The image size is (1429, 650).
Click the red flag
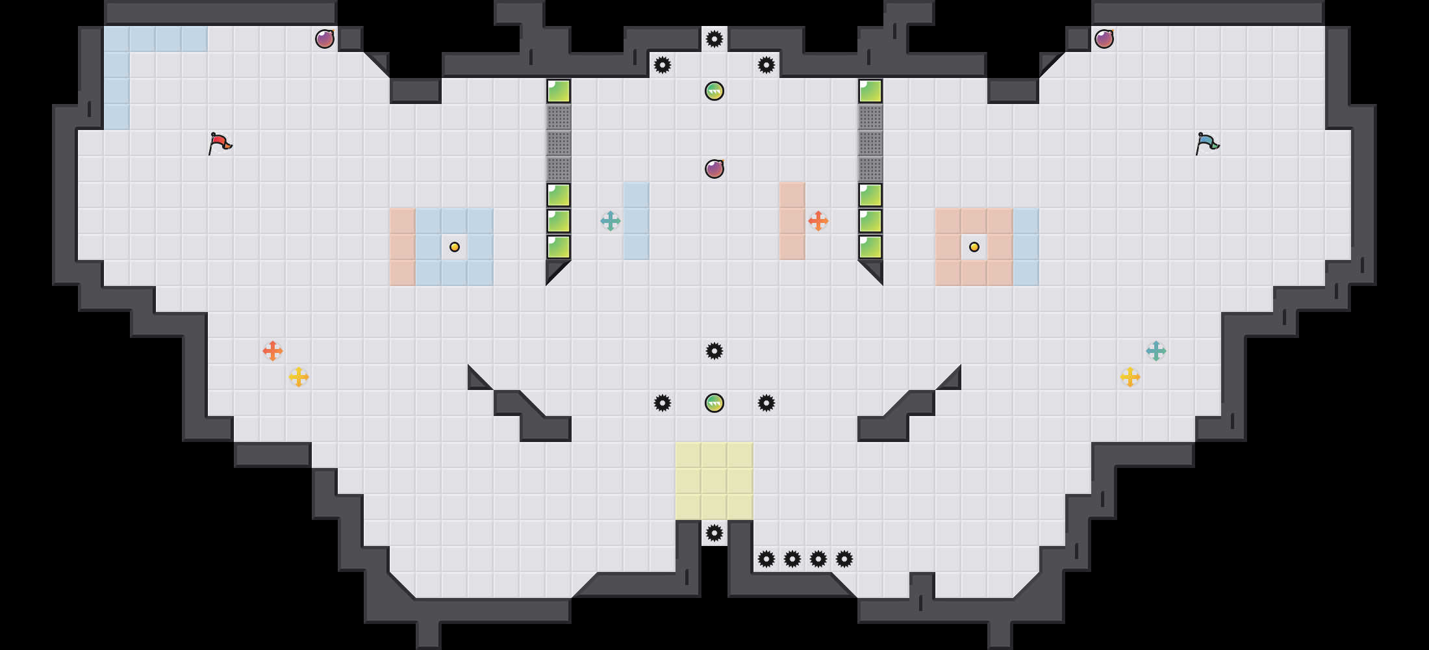220,142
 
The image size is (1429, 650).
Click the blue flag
1207,142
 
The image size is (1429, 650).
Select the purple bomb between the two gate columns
714,169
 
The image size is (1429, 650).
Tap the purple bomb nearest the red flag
325,39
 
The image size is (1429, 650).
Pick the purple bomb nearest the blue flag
1104,39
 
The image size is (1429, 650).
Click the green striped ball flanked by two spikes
714,403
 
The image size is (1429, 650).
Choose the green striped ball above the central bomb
714,91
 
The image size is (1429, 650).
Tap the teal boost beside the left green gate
611,221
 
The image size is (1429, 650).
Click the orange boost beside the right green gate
818,221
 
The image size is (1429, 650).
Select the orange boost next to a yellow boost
273,351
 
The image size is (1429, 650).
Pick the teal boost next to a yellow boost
1156,351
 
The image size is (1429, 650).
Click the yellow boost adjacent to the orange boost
299,377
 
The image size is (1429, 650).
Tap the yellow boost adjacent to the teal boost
1130,377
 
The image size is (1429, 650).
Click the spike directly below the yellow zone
714,533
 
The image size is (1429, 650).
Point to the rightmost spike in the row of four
844,559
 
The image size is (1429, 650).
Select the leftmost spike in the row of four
766,559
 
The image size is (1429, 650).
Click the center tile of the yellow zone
714,481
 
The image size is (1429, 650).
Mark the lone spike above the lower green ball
714,351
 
